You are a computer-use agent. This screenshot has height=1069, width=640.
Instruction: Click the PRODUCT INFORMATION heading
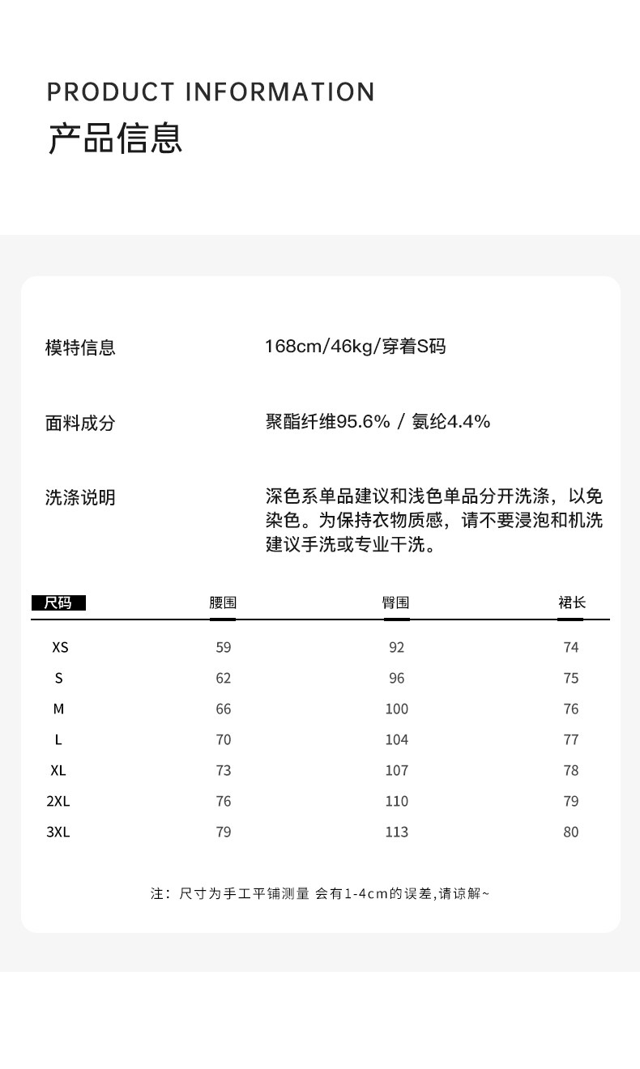click(x=211, y=92)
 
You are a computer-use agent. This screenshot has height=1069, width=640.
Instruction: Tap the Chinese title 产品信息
click(x=115, y=138)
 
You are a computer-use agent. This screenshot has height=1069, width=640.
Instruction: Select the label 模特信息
click(x=80, y=348)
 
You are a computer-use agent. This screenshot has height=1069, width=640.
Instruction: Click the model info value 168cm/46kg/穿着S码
click(x=355, y=347)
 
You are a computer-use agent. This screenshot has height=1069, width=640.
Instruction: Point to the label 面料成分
click(x=80, y=423)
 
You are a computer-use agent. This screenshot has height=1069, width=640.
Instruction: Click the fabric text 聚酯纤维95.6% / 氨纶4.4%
click(x=378, y=422)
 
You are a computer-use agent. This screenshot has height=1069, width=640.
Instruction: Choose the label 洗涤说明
click(x=80, y=497)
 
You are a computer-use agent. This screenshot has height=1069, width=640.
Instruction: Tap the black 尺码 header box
click(x=58, y=603)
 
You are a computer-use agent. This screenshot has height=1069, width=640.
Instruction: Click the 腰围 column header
click(x=223, y=603)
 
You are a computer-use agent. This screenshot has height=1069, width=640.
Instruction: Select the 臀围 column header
click(x=396, y=603)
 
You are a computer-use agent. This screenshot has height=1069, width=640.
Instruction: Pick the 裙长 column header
click(x=571, y=603)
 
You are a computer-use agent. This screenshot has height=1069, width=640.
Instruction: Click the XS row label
click(x=60, y=648)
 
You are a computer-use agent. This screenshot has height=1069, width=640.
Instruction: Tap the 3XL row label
click(x=58, y=833)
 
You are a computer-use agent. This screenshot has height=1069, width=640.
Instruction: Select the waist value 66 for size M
click(x=224, y=709)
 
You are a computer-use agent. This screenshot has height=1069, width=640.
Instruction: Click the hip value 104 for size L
click(x=397, y=740)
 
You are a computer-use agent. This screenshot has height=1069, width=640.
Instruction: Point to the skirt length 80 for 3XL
click(x=571, y=833)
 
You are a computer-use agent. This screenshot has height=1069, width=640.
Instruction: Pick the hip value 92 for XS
click(x=397, y=648)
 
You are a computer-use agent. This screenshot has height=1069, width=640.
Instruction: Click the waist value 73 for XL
click(x=224, y=771)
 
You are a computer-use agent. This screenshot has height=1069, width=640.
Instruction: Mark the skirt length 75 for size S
click(x=571, y=679)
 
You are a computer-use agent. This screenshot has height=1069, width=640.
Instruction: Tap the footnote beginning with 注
click(x=320, y=894)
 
